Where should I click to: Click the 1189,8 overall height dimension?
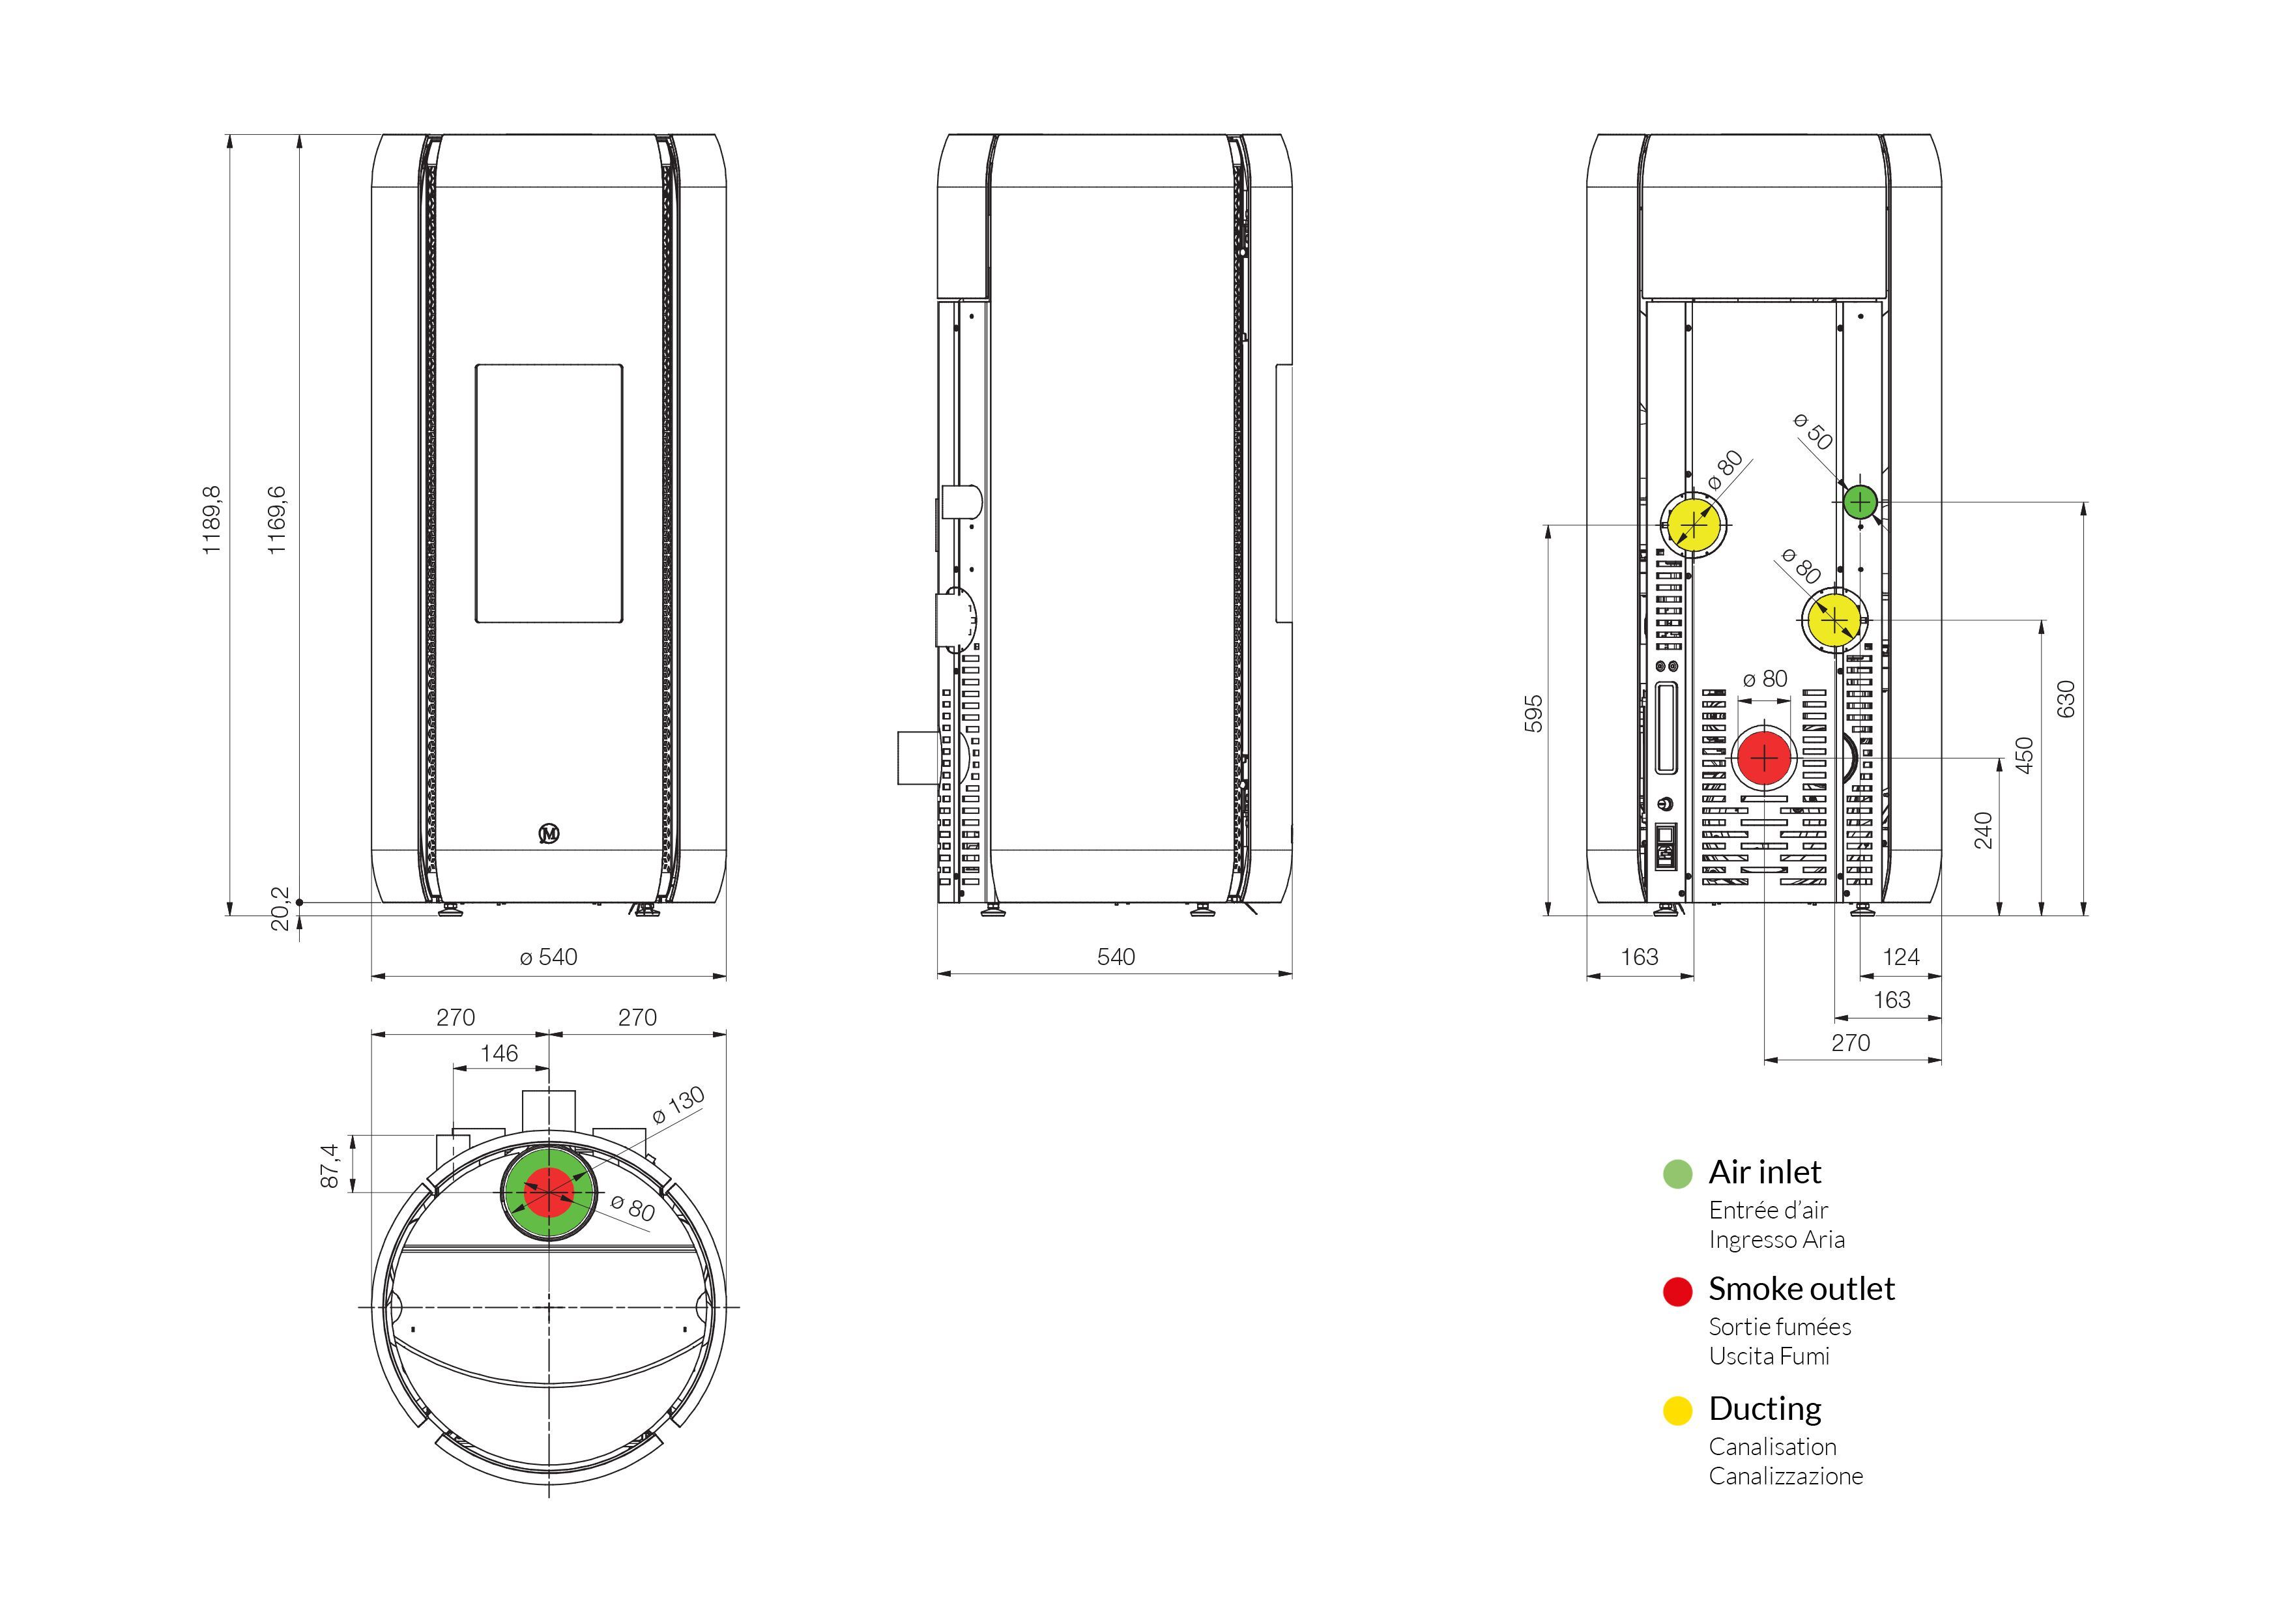coord(211,521)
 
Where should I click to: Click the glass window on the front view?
coord(549,494)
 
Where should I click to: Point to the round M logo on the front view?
coord(549,833)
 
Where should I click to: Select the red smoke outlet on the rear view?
coord(1764,758)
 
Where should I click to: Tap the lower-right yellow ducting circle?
coord(1834,620)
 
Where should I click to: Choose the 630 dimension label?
coord(2066,699)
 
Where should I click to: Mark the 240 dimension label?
coord(1984,830)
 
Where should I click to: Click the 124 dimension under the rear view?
coord(1901,957)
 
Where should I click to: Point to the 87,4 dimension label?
coord(330,1165)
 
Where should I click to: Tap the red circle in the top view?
coord(549,1192)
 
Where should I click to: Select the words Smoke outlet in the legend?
coord(1801,1290)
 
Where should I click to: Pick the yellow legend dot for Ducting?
coord(1677,1411)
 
